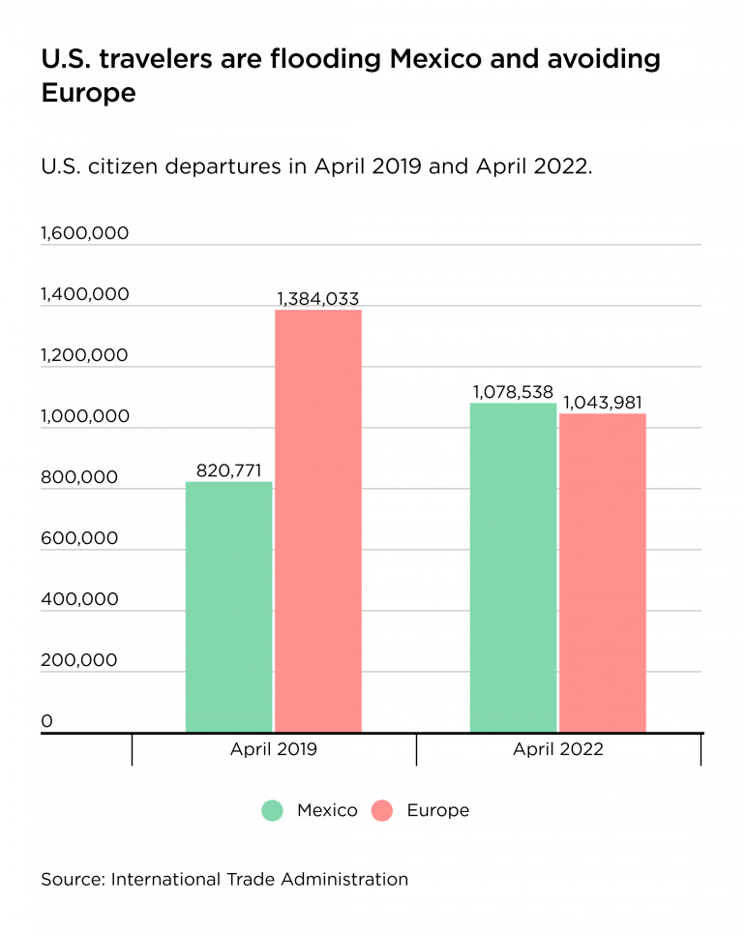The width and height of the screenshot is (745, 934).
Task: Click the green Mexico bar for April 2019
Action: point(228,607)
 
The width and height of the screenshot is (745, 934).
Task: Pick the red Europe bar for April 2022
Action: point(603,573)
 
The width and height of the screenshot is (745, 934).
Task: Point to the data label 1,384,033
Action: point(318,299)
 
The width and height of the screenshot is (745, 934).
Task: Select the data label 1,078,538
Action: point(513,393)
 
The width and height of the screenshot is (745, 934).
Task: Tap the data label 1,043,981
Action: point(603,404)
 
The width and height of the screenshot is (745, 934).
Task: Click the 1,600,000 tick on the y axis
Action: point(85,234)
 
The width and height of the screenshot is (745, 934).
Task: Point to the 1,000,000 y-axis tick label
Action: point(85,417)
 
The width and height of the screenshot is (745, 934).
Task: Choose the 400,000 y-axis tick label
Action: point(79,600)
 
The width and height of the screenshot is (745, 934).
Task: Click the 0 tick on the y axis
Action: point(46,722)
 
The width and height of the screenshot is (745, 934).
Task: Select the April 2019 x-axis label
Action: point(274,750)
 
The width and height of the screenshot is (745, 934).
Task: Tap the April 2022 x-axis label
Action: point(558,750)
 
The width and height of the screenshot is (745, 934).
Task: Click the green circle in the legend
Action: point(273,811)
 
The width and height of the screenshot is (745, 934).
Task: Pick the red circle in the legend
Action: point(383,811)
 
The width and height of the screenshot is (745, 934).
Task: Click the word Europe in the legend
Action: point(438,811)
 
